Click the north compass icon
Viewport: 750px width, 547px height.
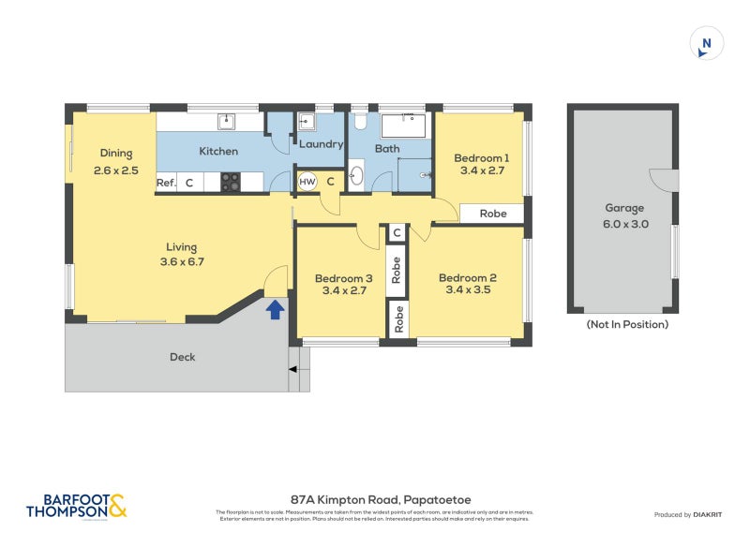pos(707,43)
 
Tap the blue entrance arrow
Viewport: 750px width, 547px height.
pos(276,309)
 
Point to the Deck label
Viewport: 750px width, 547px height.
pos(183,357)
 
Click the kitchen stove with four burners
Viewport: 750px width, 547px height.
pos(230,183)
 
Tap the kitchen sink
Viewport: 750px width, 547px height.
pos(227,121)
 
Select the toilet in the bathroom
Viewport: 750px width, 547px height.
pos(359,123)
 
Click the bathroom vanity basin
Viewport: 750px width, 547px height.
pos(356,175)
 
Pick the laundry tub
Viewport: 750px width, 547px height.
pos(307,122)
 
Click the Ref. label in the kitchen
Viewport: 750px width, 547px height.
pos(166,183)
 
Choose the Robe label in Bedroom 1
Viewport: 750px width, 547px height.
pos(493,214)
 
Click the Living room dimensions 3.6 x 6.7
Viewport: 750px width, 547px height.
pos(182,261)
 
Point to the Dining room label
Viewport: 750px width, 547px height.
pos(117,154)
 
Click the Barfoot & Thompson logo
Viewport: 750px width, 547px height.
pos(75,507)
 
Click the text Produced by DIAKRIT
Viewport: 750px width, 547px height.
pos(689,515)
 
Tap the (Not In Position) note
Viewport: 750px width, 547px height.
pos(627,325)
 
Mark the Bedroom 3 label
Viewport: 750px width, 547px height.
pos(343,278)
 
